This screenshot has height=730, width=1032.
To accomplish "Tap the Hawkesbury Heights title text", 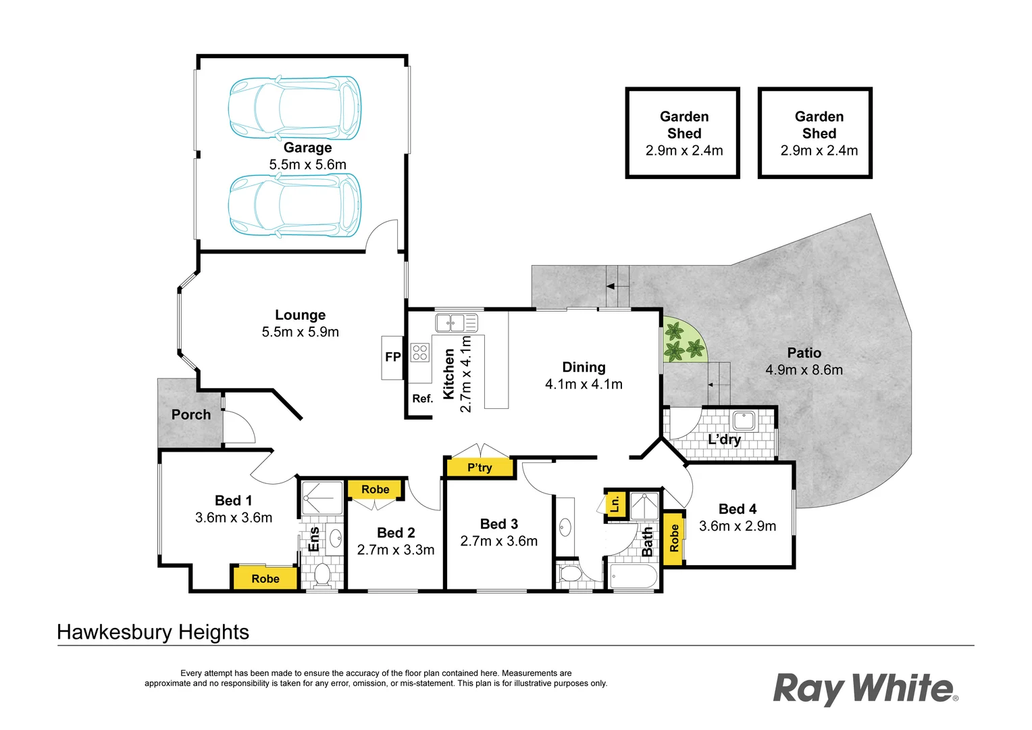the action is click(x=153, y=632).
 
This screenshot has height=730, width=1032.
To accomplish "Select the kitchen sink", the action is click(x=457, y=323).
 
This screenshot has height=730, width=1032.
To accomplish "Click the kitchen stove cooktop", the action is click(x=419, y=353).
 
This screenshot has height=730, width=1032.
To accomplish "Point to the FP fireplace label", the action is click(x=393, y=357).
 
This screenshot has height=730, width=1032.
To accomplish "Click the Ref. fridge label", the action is click(x=423, y=398).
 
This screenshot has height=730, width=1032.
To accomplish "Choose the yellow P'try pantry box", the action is click(x=480, y=467).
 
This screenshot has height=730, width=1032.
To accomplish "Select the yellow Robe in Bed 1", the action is click(x=265, y=578).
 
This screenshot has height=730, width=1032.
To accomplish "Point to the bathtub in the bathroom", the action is click(x=633, y=577).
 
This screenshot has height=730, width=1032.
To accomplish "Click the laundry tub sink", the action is click(x=743, y=420).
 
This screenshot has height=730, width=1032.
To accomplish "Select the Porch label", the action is click(x=190, y=414).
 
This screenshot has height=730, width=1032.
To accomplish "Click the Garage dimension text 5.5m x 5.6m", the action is click(x=308, y=164).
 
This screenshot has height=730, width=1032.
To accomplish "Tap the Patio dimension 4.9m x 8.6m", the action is click(x=804, y=370).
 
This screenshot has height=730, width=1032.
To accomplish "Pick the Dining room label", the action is click(x=584, y=367).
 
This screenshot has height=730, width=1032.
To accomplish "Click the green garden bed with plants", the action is click(x=682, y=340).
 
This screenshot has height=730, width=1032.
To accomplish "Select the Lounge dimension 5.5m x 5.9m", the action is click(x=301, y=332).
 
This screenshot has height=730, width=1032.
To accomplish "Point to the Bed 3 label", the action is click(x=499, y=524).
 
